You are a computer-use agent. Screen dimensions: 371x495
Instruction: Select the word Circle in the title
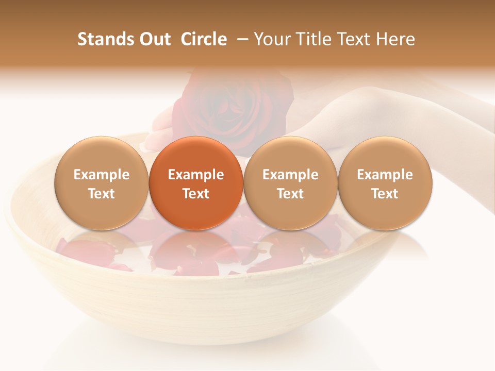point(204,40)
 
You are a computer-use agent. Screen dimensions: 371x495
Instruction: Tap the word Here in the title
point(396,40)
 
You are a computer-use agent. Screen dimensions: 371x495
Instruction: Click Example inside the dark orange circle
point(196,175)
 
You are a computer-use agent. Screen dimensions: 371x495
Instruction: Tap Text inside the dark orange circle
point(196,194)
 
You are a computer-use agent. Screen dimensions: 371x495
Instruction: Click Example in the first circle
point(102,175)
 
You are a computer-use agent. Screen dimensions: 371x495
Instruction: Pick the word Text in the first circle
point(102,194)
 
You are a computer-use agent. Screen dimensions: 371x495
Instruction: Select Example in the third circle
point(290,175)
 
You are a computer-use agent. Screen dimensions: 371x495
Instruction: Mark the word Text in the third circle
point(290,194)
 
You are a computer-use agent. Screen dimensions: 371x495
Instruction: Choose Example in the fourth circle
point(385,175)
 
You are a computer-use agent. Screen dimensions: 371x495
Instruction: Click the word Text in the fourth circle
point(385,194)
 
